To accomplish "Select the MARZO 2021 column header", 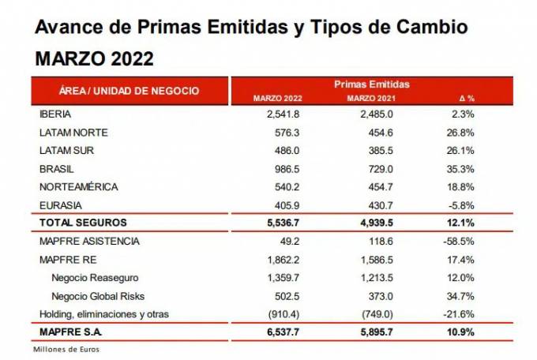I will coord(371,99).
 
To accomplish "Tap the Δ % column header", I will coord(465,99).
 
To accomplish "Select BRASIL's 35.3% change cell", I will coord(460,168).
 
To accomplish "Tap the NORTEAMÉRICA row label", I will coord(78,186).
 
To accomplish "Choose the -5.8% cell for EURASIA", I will coord(462,204).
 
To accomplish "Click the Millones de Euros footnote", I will coord(66,349).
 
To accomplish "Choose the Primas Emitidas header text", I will coord(371,84).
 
